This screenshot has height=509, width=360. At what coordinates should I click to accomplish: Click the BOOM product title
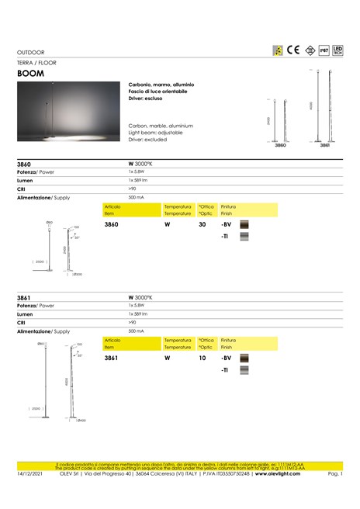pyautogui.click(x=30, y=73)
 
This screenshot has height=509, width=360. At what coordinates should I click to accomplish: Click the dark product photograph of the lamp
pyautogui.click(x=69, y=113)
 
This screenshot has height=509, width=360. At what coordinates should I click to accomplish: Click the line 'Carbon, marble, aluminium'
pyautogui.click(x=161, y=125)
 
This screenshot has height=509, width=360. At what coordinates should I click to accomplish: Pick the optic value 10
pyautogui.click(x=202, y=358)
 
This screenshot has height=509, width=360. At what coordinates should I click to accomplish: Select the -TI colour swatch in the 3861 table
pyautogui.click(x=245, y=372)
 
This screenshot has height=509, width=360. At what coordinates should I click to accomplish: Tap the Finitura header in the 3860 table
pyautogui.click(x=228, y=207)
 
